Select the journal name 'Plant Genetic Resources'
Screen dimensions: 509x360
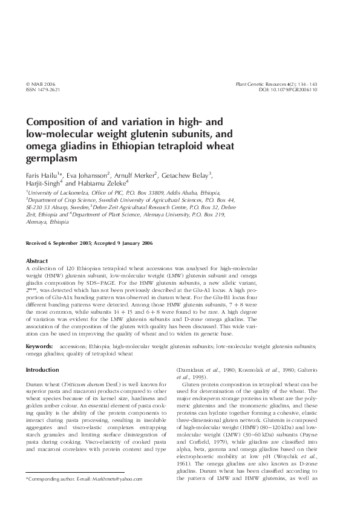click(261, 84)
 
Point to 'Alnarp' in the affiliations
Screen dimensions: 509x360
click(62, 206)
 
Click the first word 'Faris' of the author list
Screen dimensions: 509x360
click(34, 175)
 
